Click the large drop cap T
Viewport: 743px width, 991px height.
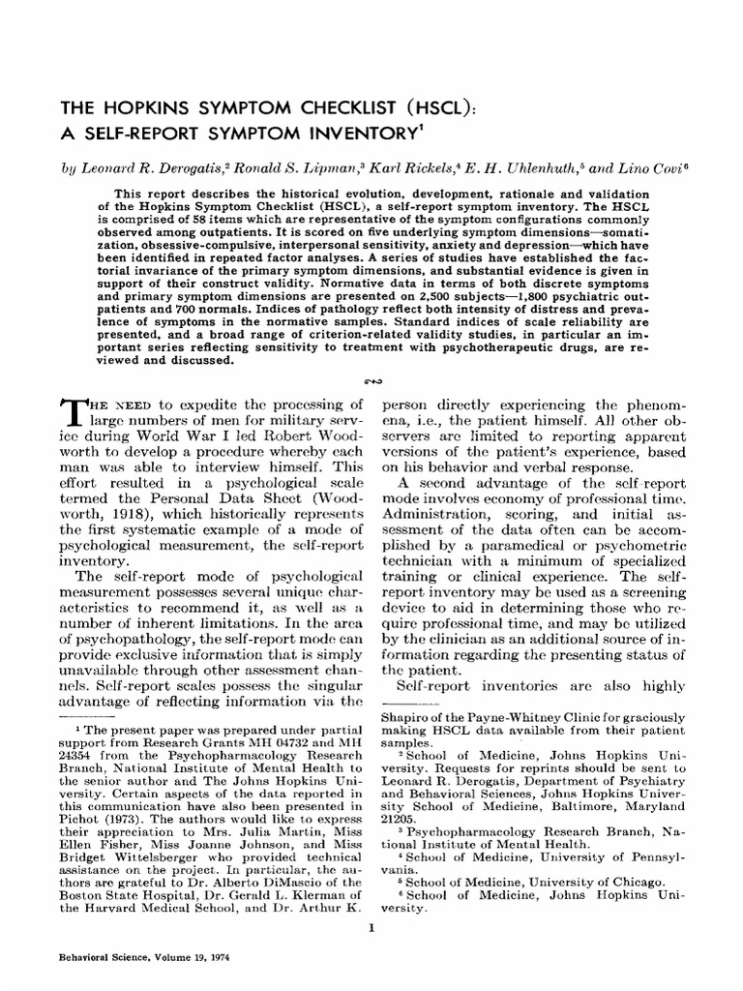[73, 412]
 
